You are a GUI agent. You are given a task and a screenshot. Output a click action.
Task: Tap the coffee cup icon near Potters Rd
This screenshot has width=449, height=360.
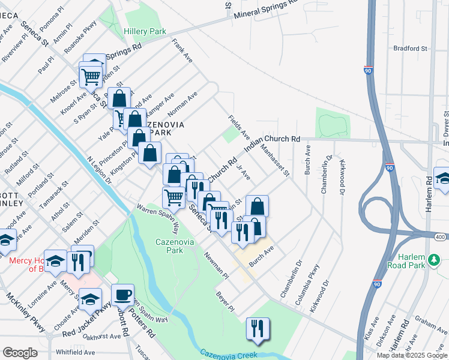tap(122, 295)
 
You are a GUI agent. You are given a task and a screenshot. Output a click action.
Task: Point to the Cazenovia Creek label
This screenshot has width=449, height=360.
tap(229, 355)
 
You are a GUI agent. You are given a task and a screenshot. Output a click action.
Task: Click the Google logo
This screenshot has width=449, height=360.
tap(20, 353)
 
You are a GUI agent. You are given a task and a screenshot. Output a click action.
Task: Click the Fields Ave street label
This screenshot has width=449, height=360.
tap(235, 124)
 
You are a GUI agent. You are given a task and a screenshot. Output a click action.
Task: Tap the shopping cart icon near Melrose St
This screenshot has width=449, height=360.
tap(91, 76)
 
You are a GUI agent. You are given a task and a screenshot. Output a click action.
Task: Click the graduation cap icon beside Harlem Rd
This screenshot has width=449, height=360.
tap(443, 179)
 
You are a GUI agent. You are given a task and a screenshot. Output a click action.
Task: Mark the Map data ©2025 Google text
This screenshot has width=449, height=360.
tap(412, 355)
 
